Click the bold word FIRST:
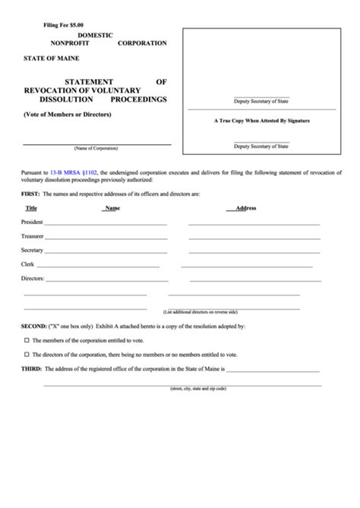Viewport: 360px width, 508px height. [x=30, y=194]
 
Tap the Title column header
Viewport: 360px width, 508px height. [x=31, y=207]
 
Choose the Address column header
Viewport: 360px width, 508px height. [x=247, y=207]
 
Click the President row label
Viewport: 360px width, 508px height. [x=33, y=222]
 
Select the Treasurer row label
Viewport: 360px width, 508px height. [x=33, y=236]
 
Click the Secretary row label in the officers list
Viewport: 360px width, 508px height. [x=32, y=250]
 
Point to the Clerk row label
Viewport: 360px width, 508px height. [x=28, y=263]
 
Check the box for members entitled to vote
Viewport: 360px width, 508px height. [x=27, y=339]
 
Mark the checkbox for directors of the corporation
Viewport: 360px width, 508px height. [x=27, y=354]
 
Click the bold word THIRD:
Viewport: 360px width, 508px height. [x=32, y=368]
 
